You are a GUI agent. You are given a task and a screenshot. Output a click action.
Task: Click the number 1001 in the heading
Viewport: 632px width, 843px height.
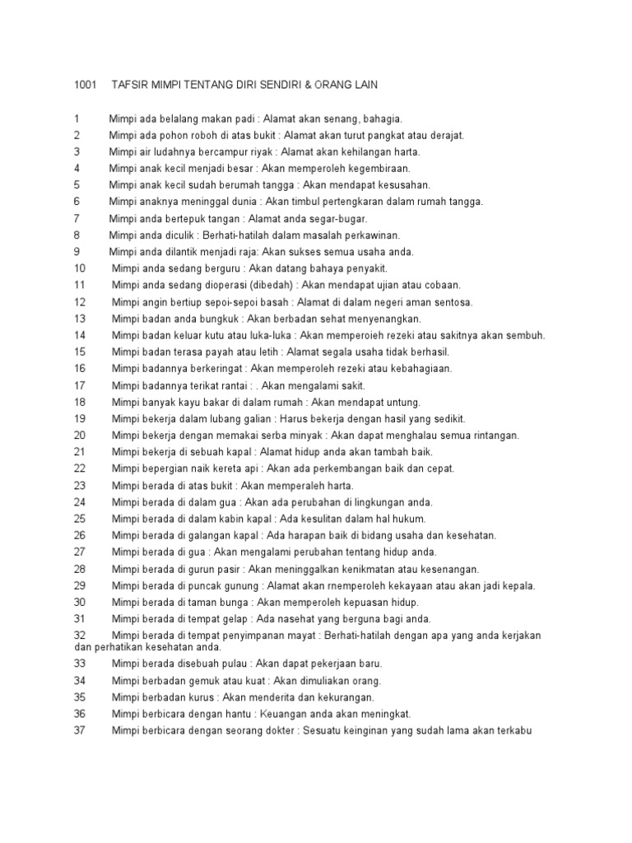tap(86, 85)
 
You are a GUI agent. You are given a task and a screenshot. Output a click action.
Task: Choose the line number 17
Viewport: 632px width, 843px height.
tap(80, 385)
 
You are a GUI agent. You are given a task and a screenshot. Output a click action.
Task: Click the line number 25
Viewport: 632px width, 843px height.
tap(80, 519)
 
